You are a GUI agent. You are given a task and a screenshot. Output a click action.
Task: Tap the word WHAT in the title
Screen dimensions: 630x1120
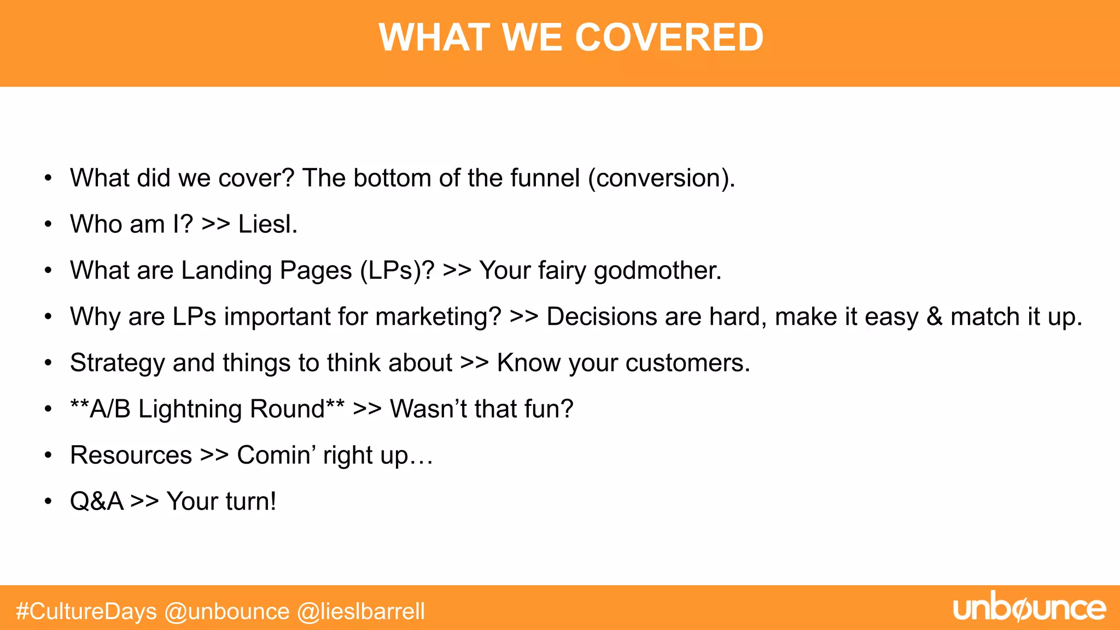[x=434, y=38]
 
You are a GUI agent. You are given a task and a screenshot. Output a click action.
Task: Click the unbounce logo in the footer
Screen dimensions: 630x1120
[x=1029, y=608]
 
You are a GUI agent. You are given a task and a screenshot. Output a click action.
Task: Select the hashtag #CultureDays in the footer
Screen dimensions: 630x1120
[x=86, y=611]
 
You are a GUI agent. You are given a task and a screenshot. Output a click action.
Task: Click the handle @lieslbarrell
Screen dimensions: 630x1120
[x=361, y=611]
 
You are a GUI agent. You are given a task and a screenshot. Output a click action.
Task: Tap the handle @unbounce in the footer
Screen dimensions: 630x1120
[x=227, y=611]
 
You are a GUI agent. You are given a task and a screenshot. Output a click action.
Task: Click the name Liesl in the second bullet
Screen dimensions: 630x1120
[x=267, y=224]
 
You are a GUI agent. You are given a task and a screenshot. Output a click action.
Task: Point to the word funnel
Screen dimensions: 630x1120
[x=545, y=178]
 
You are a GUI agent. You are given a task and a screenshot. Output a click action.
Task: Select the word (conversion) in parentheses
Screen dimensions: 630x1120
[x=661, y=178]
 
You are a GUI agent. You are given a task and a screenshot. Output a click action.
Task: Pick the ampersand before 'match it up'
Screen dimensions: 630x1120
[x=935, y=317]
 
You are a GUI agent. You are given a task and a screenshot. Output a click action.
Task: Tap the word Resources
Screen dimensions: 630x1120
[x=131, y=456]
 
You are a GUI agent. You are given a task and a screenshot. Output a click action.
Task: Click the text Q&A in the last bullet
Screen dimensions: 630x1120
[x=97, y=501]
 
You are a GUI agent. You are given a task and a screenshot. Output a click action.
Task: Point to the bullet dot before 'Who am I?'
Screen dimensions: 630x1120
[x=49, y=224]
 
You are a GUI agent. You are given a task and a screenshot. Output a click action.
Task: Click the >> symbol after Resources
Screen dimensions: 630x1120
[x=214, y=456]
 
